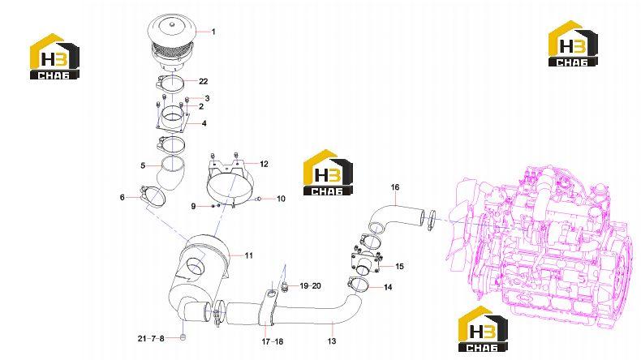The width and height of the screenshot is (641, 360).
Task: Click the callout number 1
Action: pyautogui.click(x=213, y=32)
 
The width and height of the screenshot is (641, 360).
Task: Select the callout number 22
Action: pyautogui.click(x=203, y=81)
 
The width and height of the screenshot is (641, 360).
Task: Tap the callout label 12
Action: pyautogui.click(x=264, y=164)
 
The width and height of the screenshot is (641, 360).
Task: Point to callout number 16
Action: pyautogui.click(x=395, y=187)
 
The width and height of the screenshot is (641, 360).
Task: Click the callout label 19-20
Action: pyautogui.click(x=310, y=286)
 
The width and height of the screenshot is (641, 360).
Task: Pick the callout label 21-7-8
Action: pyautogui.click(x=151, y=338)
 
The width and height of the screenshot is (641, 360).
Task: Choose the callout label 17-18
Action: pyautogui.click(x=273, y=341)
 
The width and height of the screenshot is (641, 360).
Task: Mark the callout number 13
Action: pyautogui.click(x=332, y=341)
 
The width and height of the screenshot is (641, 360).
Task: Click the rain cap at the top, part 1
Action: pyautogui.click(x=171, y=43)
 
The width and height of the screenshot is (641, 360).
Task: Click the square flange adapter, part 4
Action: pyautogui.click(x=173, y=118)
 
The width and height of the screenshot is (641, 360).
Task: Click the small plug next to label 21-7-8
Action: pyautogui.click(x=183, y=337)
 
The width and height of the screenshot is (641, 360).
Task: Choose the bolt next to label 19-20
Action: pyautogui.click(x=285, y=288)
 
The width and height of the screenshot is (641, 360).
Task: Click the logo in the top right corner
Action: pyautogui.click(x=573, y=43)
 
